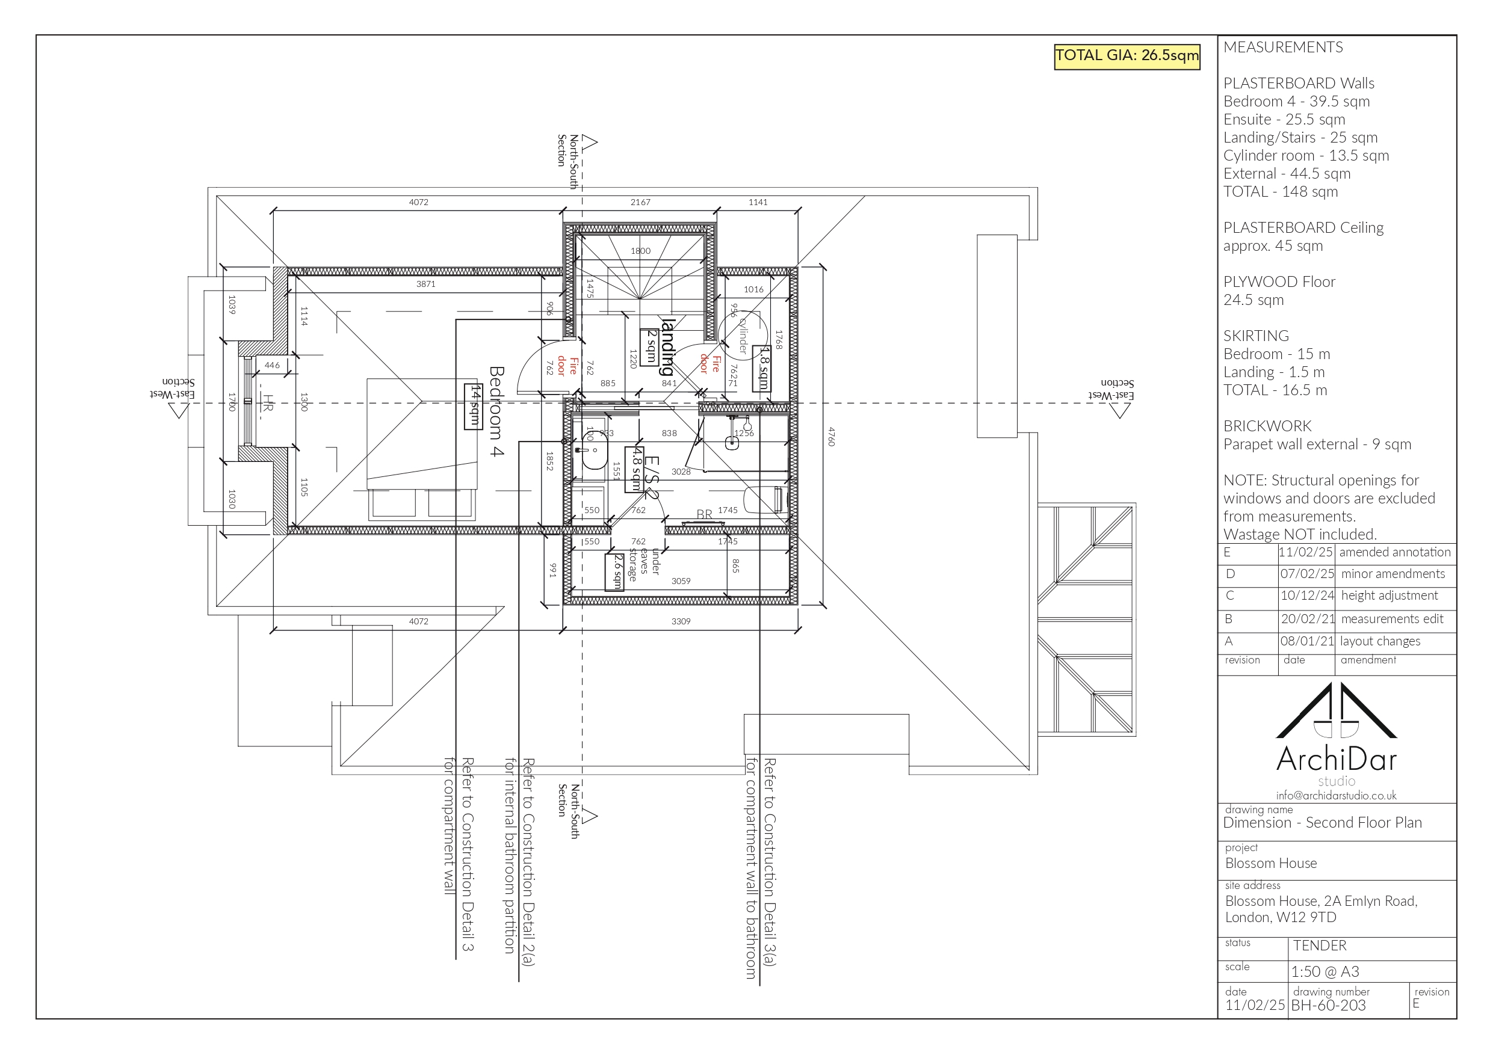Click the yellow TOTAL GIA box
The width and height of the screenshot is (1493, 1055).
(1127, 56)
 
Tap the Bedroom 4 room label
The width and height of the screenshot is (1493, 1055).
(496, 411)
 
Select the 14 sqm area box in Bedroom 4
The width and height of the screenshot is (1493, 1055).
(474, 406)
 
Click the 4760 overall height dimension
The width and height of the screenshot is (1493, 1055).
(830, 436)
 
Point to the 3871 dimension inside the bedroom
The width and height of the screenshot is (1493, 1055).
(426, 284)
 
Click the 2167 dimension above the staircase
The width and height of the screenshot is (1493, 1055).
(640, 202)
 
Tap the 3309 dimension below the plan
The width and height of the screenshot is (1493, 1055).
(681, 621)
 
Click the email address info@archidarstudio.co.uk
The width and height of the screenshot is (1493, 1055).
(1336, 796)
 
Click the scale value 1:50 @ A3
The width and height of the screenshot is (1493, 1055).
(1325, 972)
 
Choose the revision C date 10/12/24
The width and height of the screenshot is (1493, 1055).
(1307, 596)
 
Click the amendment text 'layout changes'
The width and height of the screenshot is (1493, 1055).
(1380, 642)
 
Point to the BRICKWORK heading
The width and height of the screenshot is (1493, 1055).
(1267, 426)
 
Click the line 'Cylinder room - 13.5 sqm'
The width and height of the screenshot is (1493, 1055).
(1306, 156)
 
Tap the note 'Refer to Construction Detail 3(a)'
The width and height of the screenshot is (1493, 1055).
(769, 861)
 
